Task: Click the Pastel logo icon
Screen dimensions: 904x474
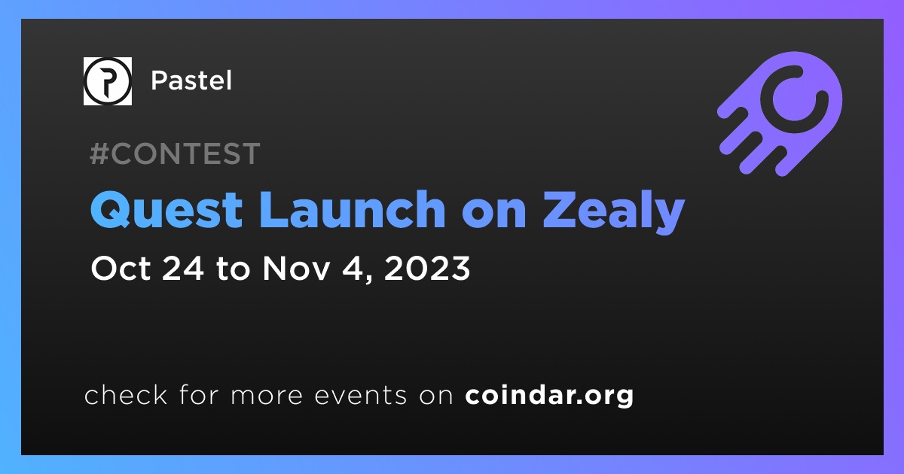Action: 107,81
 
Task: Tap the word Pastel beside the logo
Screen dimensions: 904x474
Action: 191,81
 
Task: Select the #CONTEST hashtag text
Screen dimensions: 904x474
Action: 175,153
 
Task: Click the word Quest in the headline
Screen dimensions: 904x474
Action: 166,210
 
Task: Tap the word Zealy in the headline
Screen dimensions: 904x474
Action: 614,212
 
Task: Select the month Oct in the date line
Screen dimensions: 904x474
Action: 121,269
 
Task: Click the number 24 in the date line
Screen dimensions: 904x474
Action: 183,269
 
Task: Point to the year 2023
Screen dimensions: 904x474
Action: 427,269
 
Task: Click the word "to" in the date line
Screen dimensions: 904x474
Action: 234,269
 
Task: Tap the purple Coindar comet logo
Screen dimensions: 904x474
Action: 780,114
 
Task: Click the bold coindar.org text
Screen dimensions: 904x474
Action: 549,396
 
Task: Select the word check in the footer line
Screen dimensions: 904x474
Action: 126,394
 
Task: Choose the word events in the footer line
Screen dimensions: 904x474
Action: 361,396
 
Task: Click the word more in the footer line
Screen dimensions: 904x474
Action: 267,396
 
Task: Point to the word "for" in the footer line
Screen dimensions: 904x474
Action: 199,394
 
